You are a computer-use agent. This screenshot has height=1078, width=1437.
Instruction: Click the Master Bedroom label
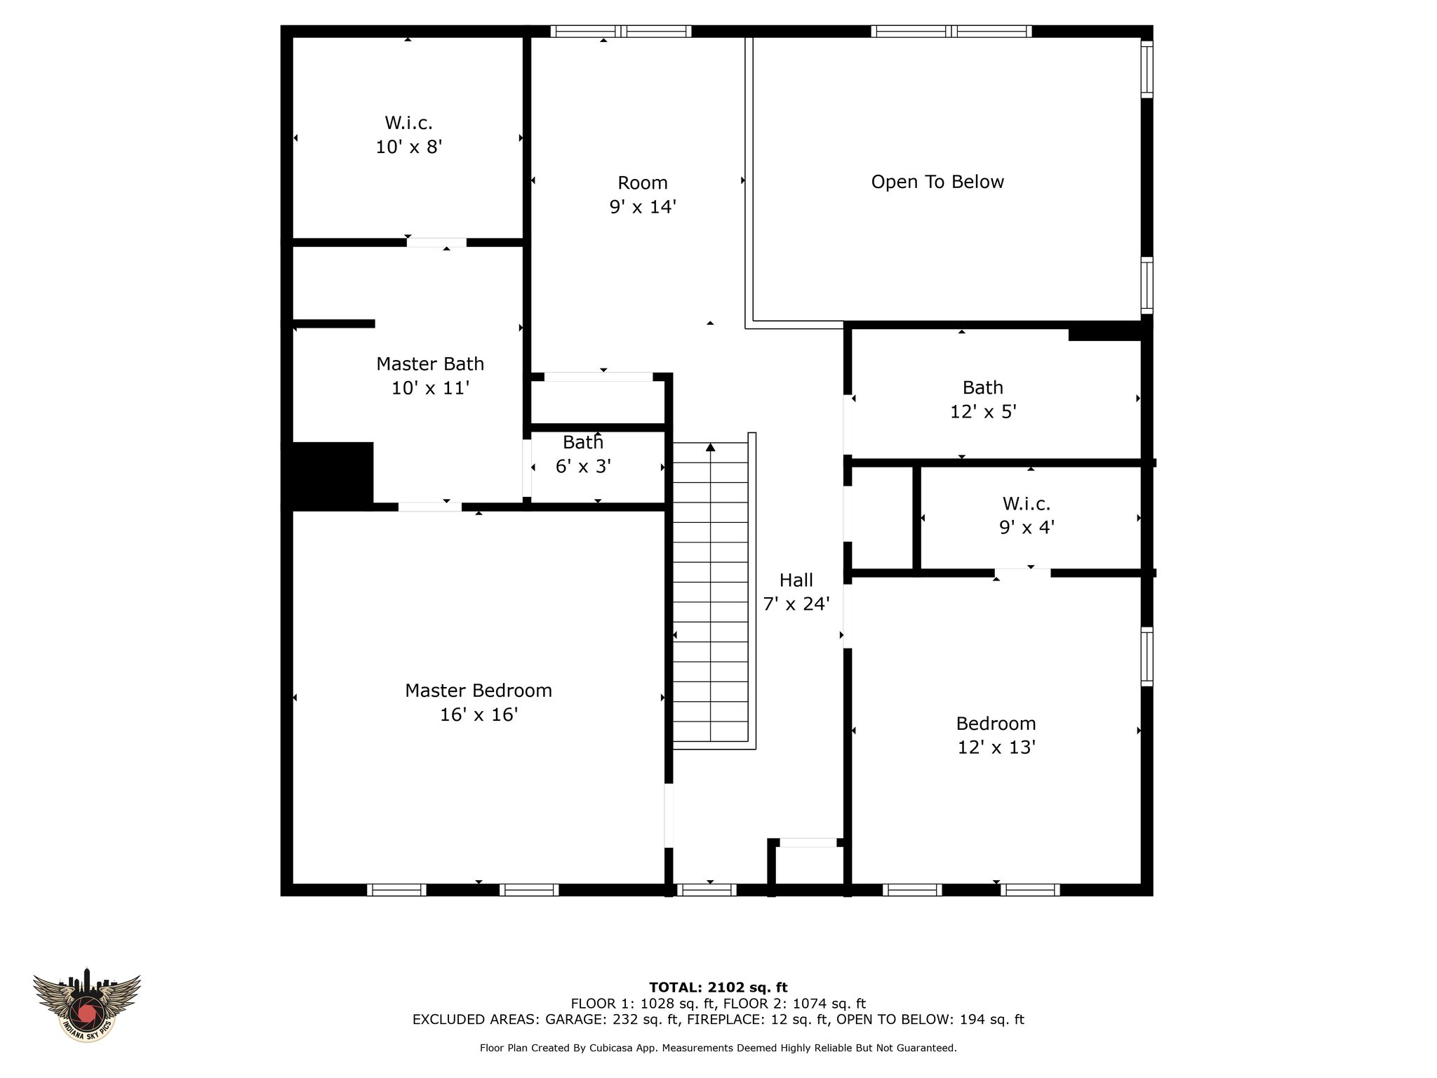point(479,691)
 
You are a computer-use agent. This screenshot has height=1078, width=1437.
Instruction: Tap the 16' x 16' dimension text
point(479,714)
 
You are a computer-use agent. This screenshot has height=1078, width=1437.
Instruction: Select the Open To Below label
point(937,182)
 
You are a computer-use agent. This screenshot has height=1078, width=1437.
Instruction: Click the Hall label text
point(796,580)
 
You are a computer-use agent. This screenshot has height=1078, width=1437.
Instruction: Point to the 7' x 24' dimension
point(796,604)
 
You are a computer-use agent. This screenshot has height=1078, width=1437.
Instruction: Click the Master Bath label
point(430,364)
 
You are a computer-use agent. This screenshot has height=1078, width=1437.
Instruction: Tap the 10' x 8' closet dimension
point(409,147)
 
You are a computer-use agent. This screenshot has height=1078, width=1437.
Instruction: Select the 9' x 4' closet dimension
point(1027,527)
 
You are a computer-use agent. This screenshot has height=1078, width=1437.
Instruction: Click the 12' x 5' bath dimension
point(983,412)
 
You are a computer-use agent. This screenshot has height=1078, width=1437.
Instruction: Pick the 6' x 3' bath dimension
point(583,467)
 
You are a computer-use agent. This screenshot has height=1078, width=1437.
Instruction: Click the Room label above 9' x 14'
point(643,183)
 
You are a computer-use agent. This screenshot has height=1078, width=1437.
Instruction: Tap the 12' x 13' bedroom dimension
point(996,747)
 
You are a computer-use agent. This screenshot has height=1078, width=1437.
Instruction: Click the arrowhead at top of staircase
point(711,447)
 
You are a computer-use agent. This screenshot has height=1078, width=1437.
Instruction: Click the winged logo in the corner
point(87,1006)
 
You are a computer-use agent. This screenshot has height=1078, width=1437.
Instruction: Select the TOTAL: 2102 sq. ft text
point(718,987)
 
